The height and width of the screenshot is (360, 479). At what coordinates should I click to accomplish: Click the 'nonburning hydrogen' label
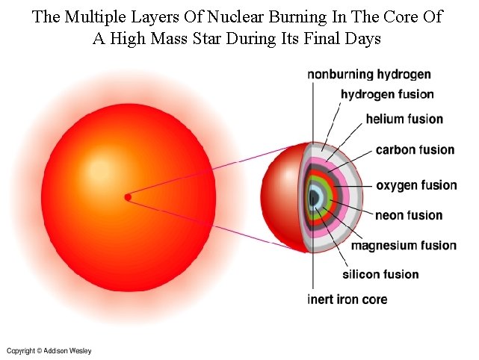click(x=369, y=75)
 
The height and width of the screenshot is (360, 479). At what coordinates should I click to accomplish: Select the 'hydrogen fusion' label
click(x=387, y=95)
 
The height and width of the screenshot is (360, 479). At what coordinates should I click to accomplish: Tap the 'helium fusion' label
click(x=404, y=120)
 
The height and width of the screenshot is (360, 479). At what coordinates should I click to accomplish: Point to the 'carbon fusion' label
click(x=415, y=150)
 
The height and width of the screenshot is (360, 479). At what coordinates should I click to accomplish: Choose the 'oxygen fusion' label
click(x=416, y=185)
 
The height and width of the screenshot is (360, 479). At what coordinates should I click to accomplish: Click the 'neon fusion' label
click(x=409, y=216)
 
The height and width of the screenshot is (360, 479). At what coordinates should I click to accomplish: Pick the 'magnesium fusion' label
click(x=404, y=246)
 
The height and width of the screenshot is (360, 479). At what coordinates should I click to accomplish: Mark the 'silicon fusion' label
click(x=381, y=274)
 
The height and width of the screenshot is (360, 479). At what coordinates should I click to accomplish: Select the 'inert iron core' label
click(x=347, y=300)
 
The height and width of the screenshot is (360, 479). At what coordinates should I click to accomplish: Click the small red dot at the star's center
click(x=128, y=197)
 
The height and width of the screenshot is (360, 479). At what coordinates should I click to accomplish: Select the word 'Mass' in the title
click(x=158, y=39)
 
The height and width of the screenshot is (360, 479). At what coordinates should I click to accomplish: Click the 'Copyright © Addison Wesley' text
click(x=49, y=351)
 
